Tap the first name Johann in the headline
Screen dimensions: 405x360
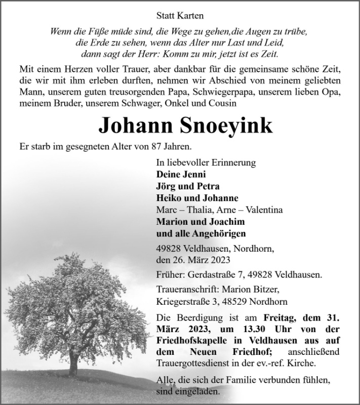point(132,125)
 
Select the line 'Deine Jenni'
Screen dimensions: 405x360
point(178,175)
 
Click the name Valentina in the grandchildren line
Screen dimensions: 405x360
point(262,210)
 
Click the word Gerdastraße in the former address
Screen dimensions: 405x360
point(208,275)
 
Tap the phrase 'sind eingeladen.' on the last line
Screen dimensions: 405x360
point(188,391)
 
